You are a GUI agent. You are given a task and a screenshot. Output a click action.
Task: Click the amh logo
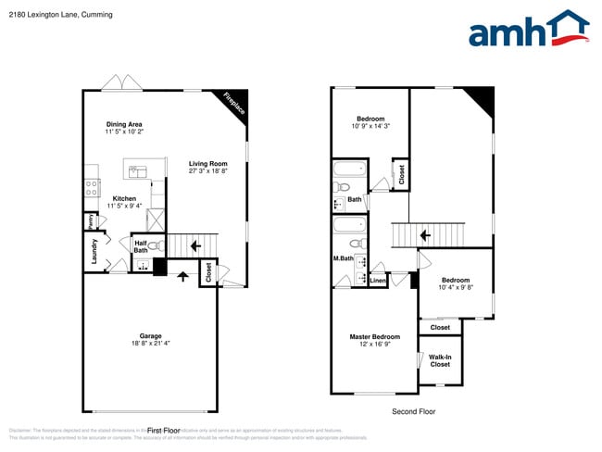point(528,30)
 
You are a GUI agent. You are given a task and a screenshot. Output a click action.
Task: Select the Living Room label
point(207,163)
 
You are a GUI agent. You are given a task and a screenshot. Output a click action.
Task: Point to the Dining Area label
point(123,124)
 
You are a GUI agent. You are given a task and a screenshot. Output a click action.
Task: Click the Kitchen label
point(124,198)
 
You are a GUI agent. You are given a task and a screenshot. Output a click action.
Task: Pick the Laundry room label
point(94,250)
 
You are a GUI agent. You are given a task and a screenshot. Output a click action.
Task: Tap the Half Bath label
point(141,245)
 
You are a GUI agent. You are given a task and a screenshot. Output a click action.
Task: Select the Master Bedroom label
point(374,336)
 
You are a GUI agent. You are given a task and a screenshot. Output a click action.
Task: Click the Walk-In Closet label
point(440,360)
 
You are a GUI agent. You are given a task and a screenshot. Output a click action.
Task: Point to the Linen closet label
point(378,280)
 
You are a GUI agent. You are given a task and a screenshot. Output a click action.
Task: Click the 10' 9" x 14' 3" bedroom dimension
point(370,127)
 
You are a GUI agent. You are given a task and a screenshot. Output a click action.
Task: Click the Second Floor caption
point(412,411)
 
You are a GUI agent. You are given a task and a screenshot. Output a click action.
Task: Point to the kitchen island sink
point(137,170)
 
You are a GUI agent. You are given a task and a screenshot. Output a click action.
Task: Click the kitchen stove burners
point(92,187)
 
